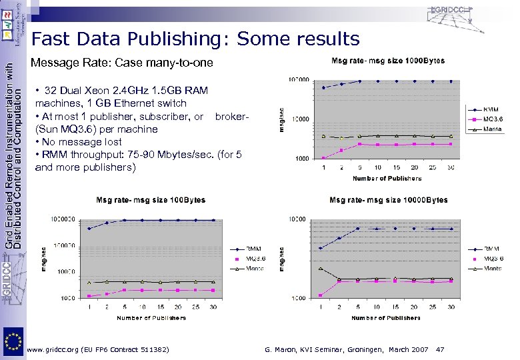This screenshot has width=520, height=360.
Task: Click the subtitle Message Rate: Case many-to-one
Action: (123, 63)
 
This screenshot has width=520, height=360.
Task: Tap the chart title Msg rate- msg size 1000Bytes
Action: (387, 61)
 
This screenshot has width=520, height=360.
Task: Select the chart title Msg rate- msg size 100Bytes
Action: (151, 200)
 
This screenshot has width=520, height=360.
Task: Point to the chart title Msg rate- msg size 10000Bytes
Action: (389, 200)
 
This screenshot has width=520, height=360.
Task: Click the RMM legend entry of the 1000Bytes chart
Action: (491, 109)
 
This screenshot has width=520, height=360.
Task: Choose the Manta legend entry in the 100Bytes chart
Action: (254, 269)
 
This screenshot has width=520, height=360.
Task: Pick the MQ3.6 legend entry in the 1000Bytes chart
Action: (492, 119)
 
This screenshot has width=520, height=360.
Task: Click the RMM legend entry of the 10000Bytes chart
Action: (492, 249)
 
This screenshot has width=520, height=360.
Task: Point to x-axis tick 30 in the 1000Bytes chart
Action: (451, 167)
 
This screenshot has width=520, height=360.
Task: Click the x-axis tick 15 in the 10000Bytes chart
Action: (395, 307)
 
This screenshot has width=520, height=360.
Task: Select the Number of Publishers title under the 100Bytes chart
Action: (151, 318)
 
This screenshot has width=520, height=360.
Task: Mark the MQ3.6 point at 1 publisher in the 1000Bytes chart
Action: (323, 158)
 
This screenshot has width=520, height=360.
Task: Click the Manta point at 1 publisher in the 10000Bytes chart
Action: (321, 268)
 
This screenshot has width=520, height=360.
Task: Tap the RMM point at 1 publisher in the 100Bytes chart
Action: (89, 229)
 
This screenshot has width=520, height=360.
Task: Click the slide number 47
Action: (439, 349)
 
